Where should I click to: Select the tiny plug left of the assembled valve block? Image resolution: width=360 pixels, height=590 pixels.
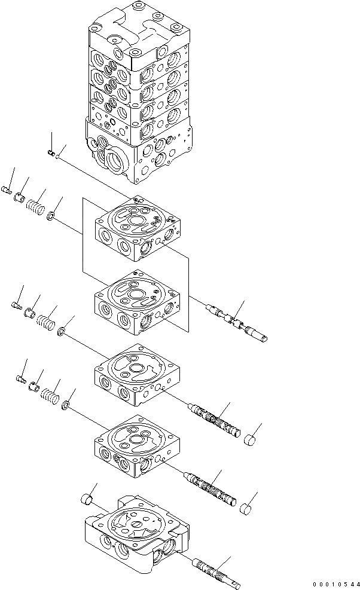pyautogui.click(x=51, y=155)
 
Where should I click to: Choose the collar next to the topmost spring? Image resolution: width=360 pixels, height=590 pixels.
pyautogui.click(x=20, y=198)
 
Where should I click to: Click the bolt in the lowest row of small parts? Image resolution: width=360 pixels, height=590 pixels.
pyautogui.click(x=19, y=378)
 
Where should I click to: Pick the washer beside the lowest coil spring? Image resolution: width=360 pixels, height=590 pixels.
pyautogui.click(x=65, y=406)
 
